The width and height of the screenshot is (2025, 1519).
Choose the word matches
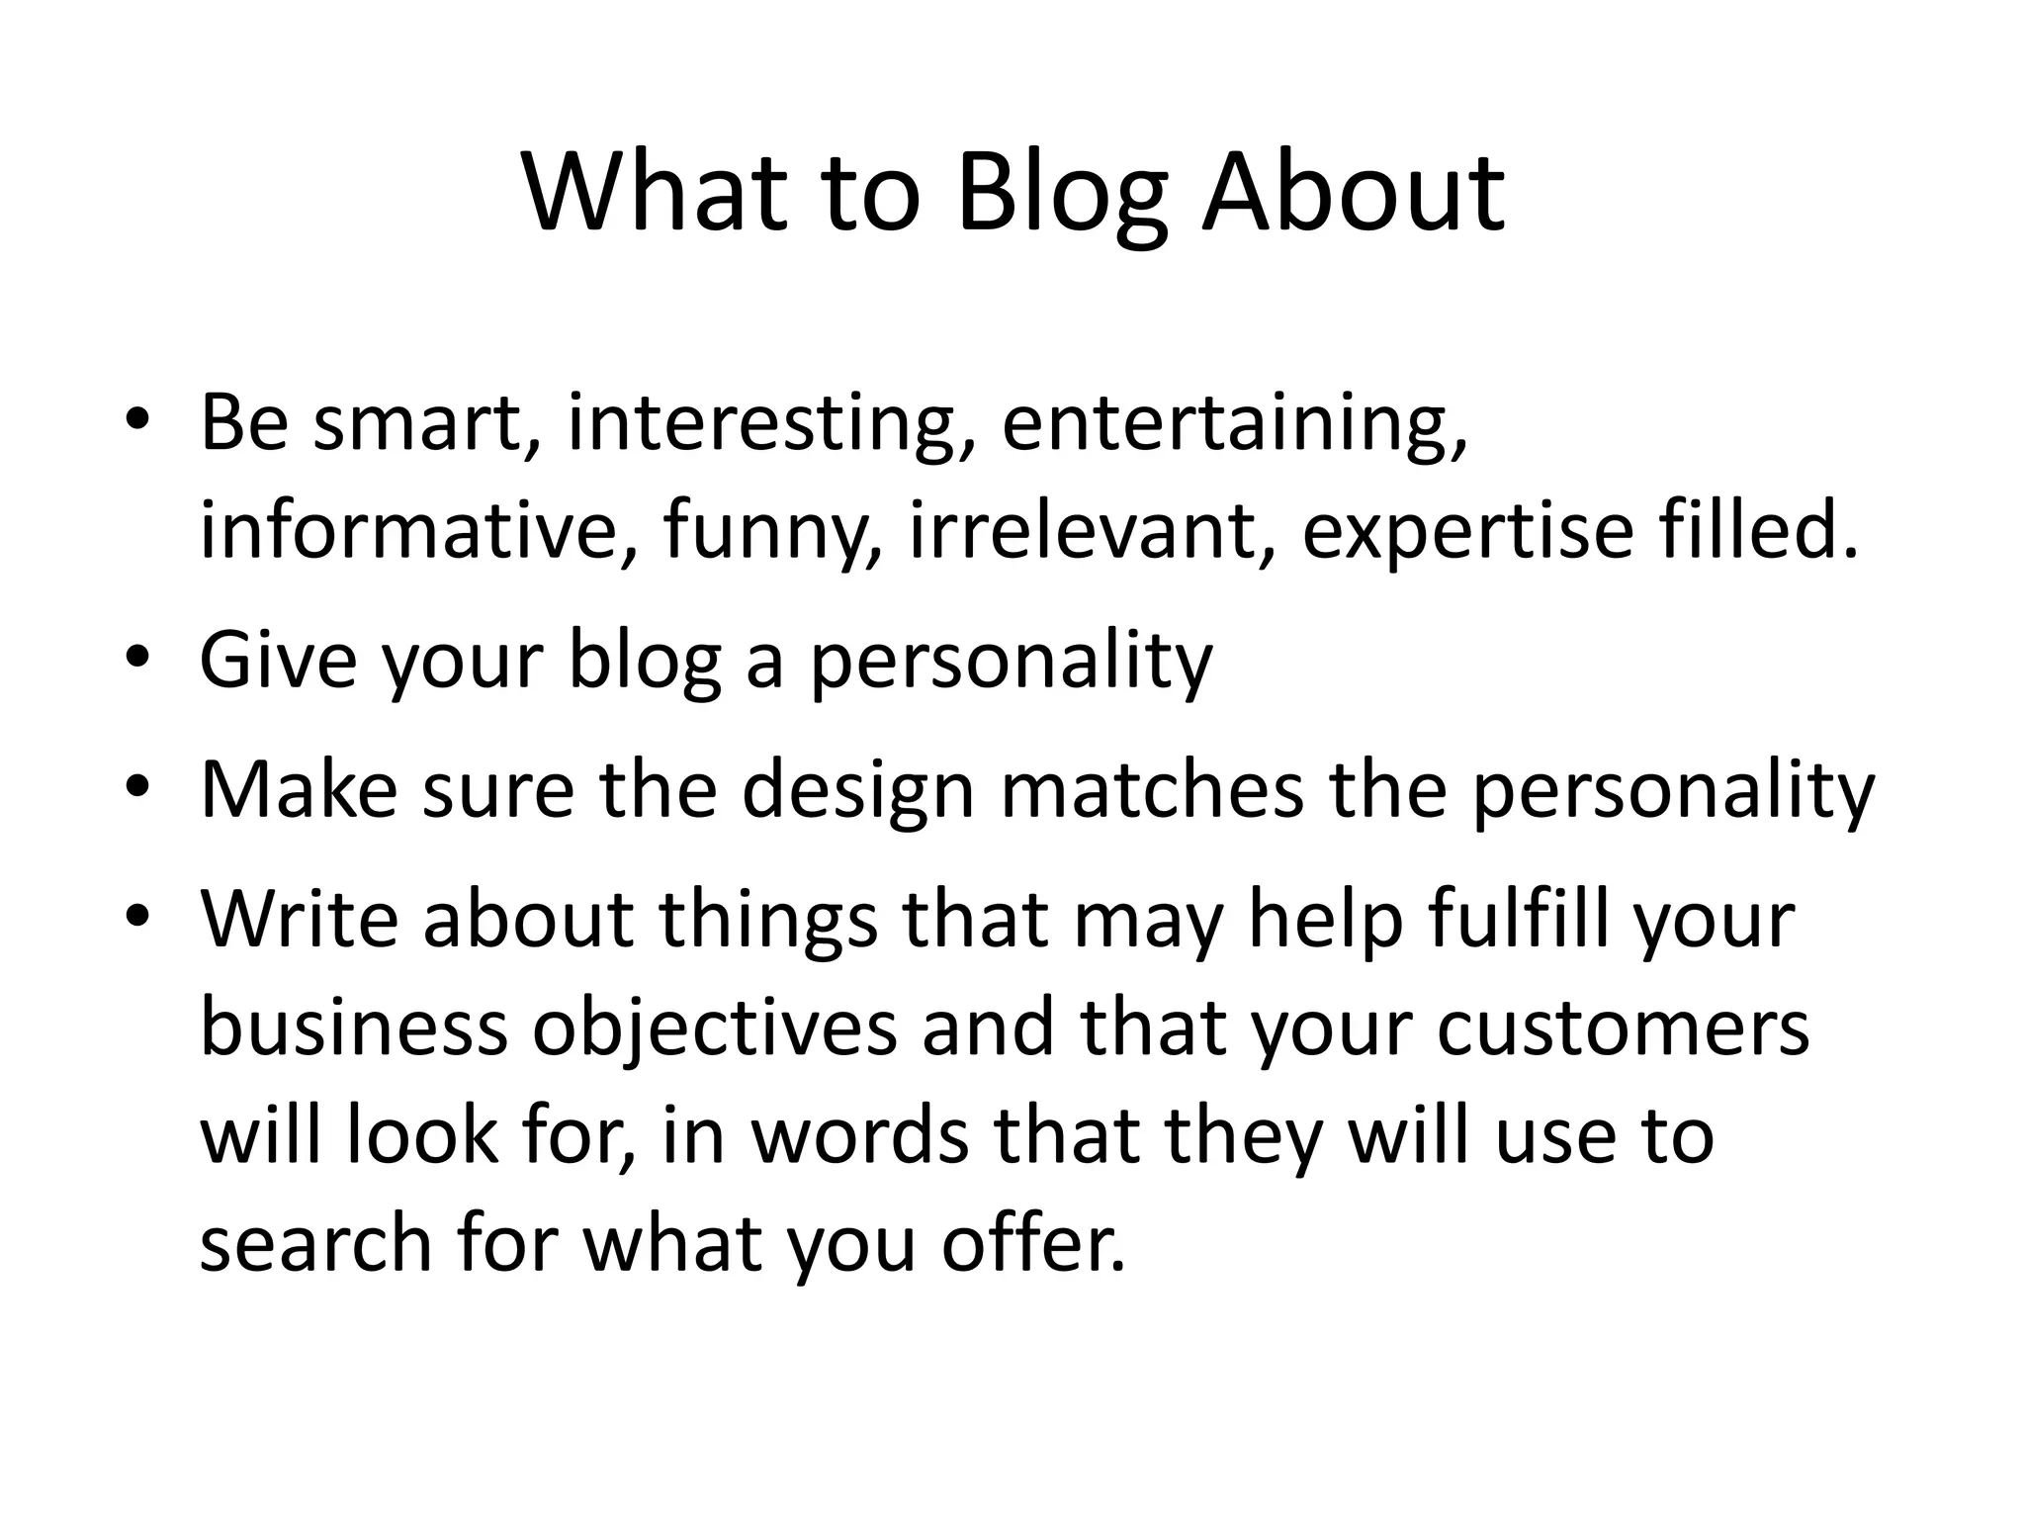[1152, 790]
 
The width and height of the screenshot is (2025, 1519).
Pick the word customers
[1623, 1028]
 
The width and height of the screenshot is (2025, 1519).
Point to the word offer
[1033, 1243]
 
